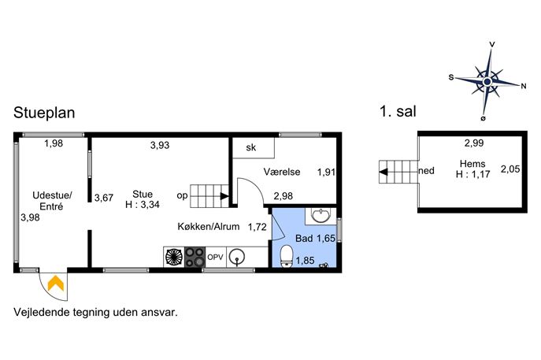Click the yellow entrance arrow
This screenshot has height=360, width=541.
point(56,283)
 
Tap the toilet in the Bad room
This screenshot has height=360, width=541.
point(287,256)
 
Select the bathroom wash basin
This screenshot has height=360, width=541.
point(321,215)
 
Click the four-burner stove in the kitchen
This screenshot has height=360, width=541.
point(195,257)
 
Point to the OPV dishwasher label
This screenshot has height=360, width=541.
point(215,257)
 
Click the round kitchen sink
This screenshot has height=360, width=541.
point(237,257)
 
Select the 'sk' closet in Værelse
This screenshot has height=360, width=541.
point(254,148)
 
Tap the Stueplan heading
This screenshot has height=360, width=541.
point(44,113)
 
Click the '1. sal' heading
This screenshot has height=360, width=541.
point(398,111)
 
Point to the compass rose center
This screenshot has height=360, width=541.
point(487,82)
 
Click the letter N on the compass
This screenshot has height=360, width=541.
point(524,86)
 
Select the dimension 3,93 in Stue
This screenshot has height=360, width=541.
point(160,145)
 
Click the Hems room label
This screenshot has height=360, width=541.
point(472,164)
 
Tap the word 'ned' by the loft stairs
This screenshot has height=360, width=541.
point(426,170)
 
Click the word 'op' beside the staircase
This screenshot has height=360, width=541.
point(182,195)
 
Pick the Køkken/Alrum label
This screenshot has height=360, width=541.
point(209,226)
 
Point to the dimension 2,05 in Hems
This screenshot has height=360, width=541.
point(510,169)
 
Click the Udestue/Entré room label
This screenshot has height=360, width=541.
point(52,201)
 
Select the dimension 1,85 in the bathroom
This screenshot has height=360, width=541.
point(305,260)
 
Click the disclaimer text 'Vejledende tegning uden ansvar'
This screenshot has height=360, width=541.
point(95,313)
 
